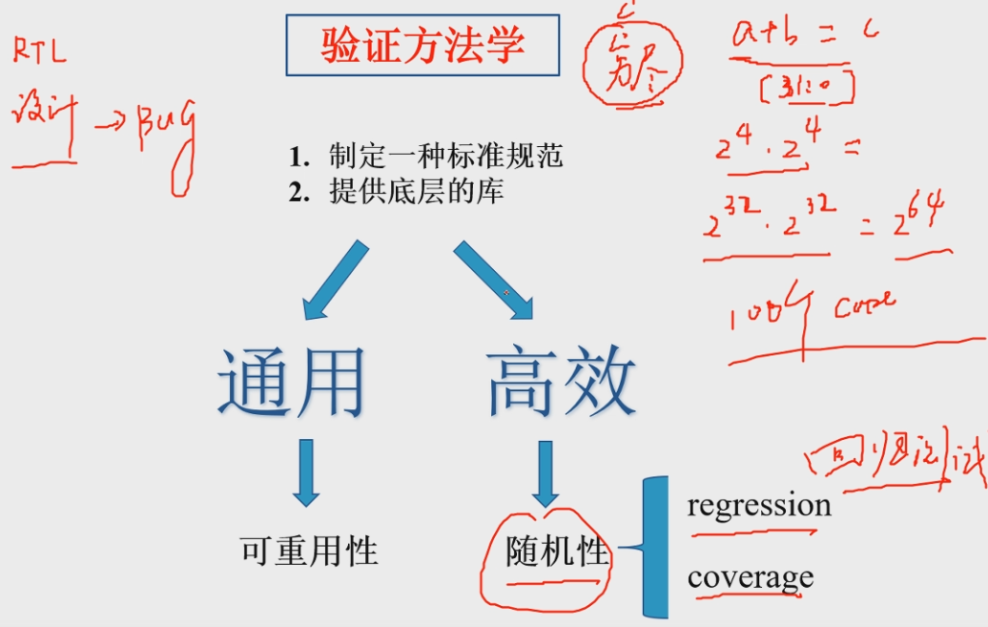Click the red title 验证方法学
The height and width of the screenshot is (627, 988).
click(x=422, y=45)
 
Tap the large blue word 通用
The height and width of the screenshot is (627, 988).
click(x=291, y=383)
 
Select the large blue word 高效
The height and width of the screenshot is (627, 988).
click(x=561, y=383)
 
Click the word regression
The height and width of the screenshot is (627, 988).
click(x=759, y=505)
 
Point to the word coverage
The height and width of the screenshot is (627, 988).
click(x=750, y=577)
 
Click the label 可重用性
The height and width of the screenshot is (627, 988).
click(x=309, y=551)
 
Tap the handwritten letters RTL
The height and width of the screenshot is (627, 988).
click(x=40, y=52)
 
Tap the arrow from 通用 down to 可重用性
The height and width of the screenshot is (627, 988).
click(x=305, y=471)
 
